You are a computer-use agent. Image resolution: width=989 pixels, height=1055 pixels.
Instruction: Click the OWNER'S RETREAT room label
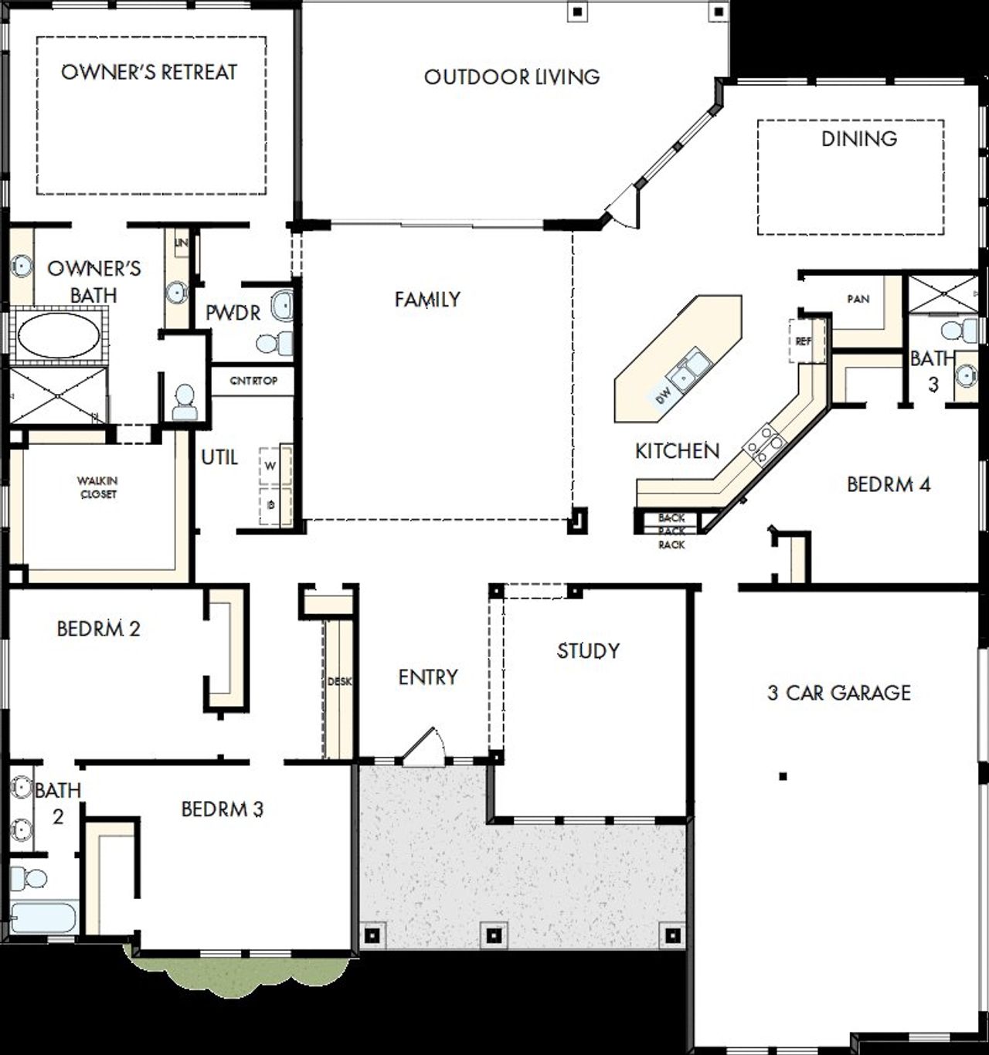pos(149,73)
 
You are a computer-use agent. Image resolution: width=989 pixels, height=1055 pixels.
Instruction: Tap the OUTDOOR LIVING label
pos(511,77)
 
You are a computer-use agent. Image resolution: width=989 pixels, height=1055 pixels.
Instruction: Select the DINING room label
pos(858,139)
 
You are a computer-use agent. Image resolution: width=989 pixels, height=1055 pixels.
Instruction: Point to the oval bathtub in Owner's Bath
pos(58,335)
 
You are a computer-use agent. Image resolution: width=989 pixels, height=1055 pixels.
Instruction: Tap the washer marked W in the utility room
pos(271,466)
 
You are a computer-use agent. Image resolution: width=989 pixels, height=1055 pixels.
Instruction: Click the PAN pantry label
pos(858,299)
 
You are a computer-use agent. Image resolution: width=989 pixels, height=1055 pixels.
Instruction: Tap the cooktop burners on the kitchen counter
pos(765,445)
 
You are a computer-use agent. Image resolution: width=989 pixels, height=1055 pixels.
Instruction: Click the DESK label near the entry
pos(339,682)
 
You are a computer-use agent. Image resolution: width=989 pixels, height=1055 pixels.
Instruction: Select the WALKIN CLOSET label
pos(98,487)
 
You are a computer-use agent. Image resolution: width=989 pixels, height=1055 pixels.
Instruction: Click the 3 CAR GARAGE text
pos(839,693)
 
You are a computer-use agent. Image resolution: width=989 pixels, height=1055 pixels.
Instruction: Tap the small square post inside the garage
pos(783,776)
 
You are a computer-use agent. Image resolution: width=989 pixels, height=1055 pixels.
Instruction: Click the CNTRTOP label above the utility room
pos(253,381)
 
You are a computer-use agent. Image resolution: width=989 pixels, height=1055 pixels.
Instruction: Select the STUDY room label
pos(588,651)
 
